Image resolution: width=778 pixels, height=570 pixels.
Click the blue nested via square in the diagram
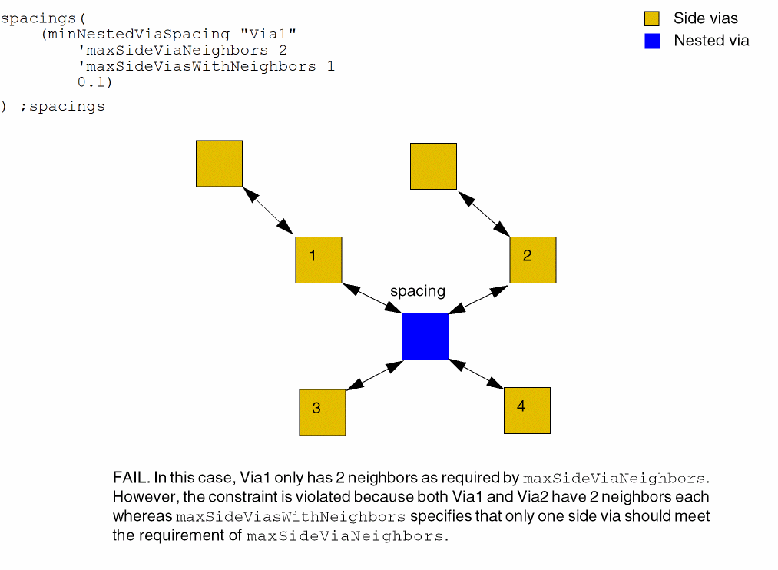click(x=425, y=336)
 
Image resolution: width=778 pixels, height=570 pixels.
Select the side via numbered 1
click(x=319, y=260)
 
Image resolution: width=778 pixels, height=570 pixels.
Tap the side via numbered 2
click(x=532, y=260)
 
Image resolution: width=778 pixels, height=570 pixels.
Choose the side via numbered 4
click(x=527, y=410)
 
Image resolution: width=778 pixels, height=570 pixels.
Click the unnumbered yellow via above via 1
click(x=219, y=164)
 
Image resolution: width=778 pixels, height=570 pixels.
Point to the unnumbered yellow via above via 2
click(x=433, y=166)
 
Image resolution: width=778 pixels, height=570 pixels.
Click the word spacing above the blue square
click(x=418, y=291)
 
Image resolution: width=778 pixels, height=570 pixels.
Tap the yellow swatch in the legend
click(x=652, y=19)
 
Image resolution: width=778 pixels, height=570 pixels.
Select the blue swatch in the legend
click(x=652, y=41)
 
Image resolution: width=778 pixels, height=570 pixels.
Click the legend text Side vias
click(x=705, y=18)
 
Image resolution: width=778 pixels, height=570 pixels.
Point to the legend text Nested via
click(x=711, y=41)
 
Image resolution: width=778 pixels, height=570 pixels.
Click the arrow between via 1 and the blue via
click(x=372, y=298)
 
